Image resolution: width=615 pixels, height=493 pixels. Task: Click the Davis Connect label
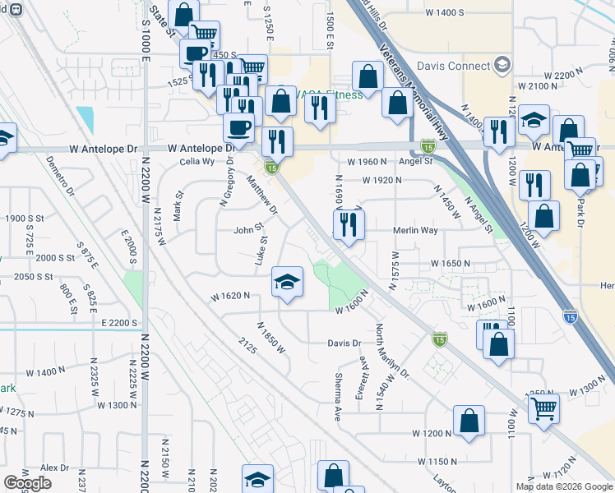click(453, 66)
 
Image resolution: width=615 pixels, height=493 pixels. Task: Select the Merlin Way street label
click(414, 232)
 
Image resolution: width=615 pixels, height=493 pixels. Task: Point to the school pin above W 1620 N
click(287, 284)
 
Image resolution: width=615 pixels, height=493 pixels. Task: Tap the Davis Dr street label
click(344, 343)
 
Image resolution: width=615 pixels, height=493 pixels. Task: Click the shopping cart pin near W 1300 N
click(543, 408)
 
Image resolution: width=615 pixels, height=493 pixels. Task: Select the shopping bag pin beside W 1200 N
click(468, 422)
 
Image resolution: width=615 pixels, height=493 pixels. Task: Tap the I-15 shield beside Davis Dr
click(440, 339)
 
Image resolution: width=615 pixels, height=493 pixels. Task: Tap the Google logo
click(27, 483)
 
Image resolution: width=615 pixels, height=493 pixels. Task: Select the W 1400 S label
click(445, 12)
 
